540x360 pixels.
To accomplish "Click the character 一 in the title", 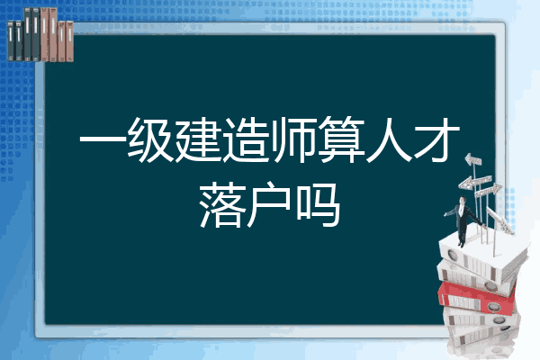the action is pyautogui.click(x=102, y=139).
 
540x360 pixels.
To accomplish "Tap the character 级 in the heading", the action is pyautogui.click(x=150, y=139).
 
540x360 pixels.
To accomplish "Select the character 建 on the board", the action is pyautogui.click(x=197, y=139).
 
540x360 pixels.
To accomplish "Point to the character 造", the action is pyautogui.click(x=245, y=139).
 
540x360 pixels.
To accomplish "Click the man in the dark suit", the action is pyautogui.click(x=463, y=220).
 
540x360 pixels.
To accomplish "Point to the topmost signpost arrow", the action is pyautogui.click(x=473, y=159).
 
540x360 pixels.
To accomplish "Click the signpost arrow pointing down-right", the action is pyautogui.click(x=500, y=220).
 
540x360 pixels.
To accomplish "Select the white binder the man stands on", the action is pyautogui.click(x=482, y=256).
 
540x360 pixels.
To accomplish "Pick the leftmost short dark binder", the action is pyautogui.click(x=11, y=41).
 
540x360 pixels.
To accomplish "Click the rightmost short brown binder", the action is pyautogui.click(x=69, y=41).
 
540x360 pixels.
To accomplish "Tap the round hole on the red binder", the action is pyautogui.click(x=493, y=307).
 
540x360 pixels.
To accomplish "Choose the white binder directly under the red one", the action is pyautogui.click(x=481, y=319).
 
